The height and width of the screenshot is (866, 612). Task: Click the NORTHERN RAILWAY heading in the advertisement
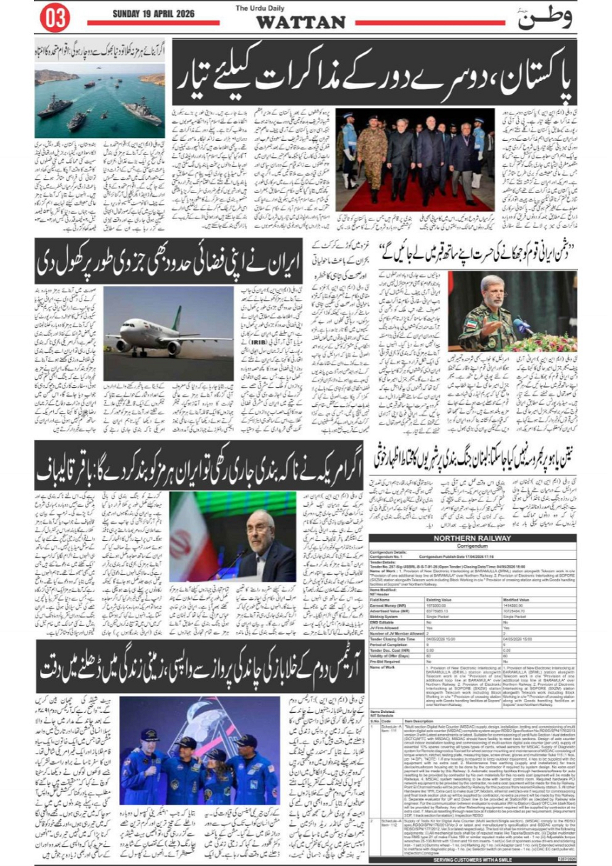[x=472, y=538]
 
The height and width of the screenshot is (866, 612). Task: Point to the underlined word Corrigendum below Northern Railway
[x=472, y=546]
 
